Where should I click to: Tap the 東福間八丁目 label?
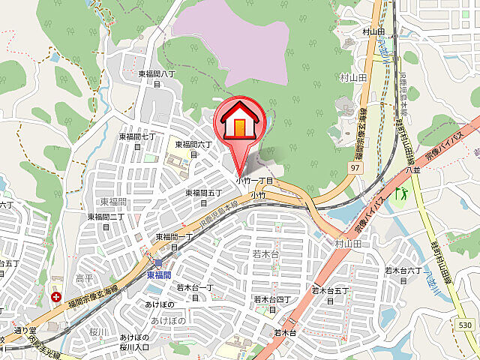point(157,78)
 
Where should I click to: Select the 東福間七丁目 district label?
point(137,141)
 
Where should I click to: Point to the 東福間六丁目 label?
point(193,148)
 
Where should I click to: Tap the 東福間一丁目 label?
point(174,241)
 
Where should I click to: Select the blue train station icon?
point(159,263)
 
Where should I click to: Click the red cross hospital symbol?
point(57,296)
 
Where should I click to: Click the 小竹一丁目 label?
point(254,181)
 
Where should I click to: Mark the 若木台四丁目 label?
point(267,304)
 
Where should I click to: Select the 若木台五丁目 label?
point(331,294)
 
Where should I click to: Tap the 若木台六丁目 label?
point(406,274)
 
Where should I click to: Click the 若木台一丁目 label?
point(195,292)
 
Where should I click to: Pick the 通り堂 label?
point(24,330)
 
